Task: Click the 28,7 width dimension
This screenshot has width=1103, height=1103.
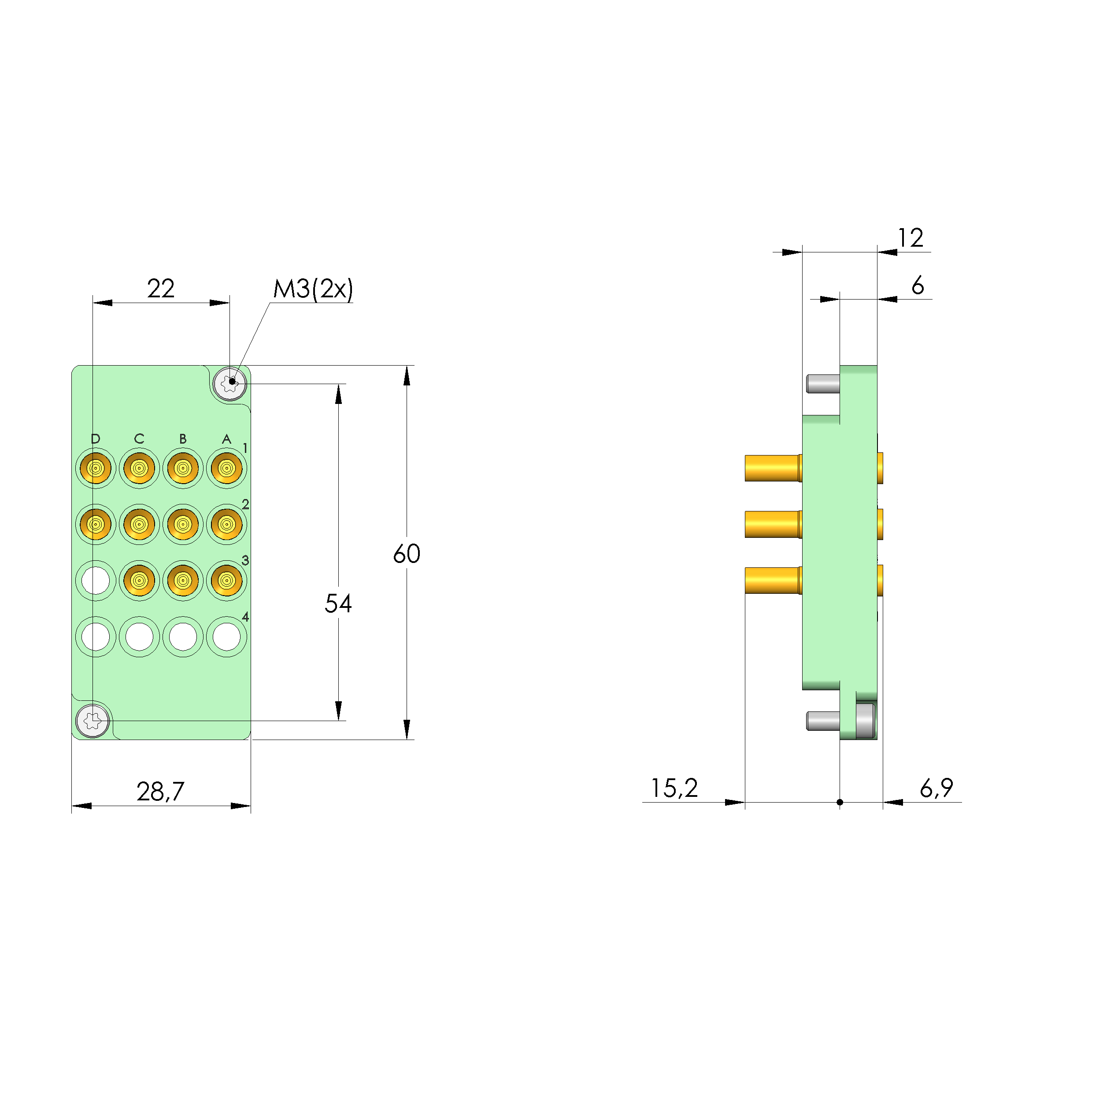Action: [x=160, y=791]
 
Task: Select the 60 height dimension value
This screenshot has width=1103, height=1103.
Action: [x=407, y=554]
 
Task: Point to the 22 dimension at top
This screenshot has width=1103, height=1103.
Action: [x=160, y=289]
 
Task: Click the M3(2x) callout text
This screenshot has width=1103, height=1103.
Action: [x=313, y=289]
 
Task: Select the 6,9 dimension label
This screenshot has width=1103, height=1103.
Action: [x=936, y=788]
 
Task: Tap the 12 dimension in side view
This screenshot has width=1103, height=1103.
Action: [x=910, y=237]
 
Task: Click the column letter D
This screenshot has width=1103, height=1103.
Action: [x=95, y=438]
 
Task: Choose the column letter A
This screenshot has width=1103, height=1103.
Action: [x=227, y=438]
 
